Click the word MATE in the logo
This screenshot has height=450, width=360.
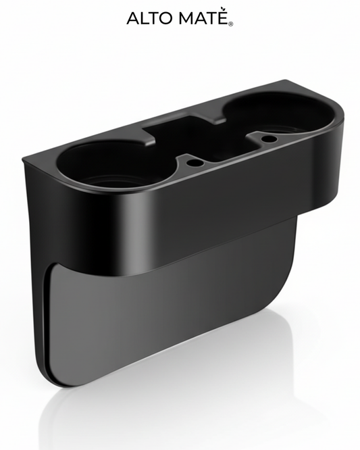[x=204, y=18]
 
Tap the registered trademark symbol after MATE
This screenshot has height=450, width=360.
[x=231, y=24]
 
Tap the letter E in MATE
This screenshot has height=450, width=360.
[x=224, y=18]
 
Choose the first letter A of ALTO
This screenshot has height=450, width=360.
[x=133, y=18]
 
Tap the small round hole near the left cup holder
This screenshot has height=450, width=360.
[x=193, y=163]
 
